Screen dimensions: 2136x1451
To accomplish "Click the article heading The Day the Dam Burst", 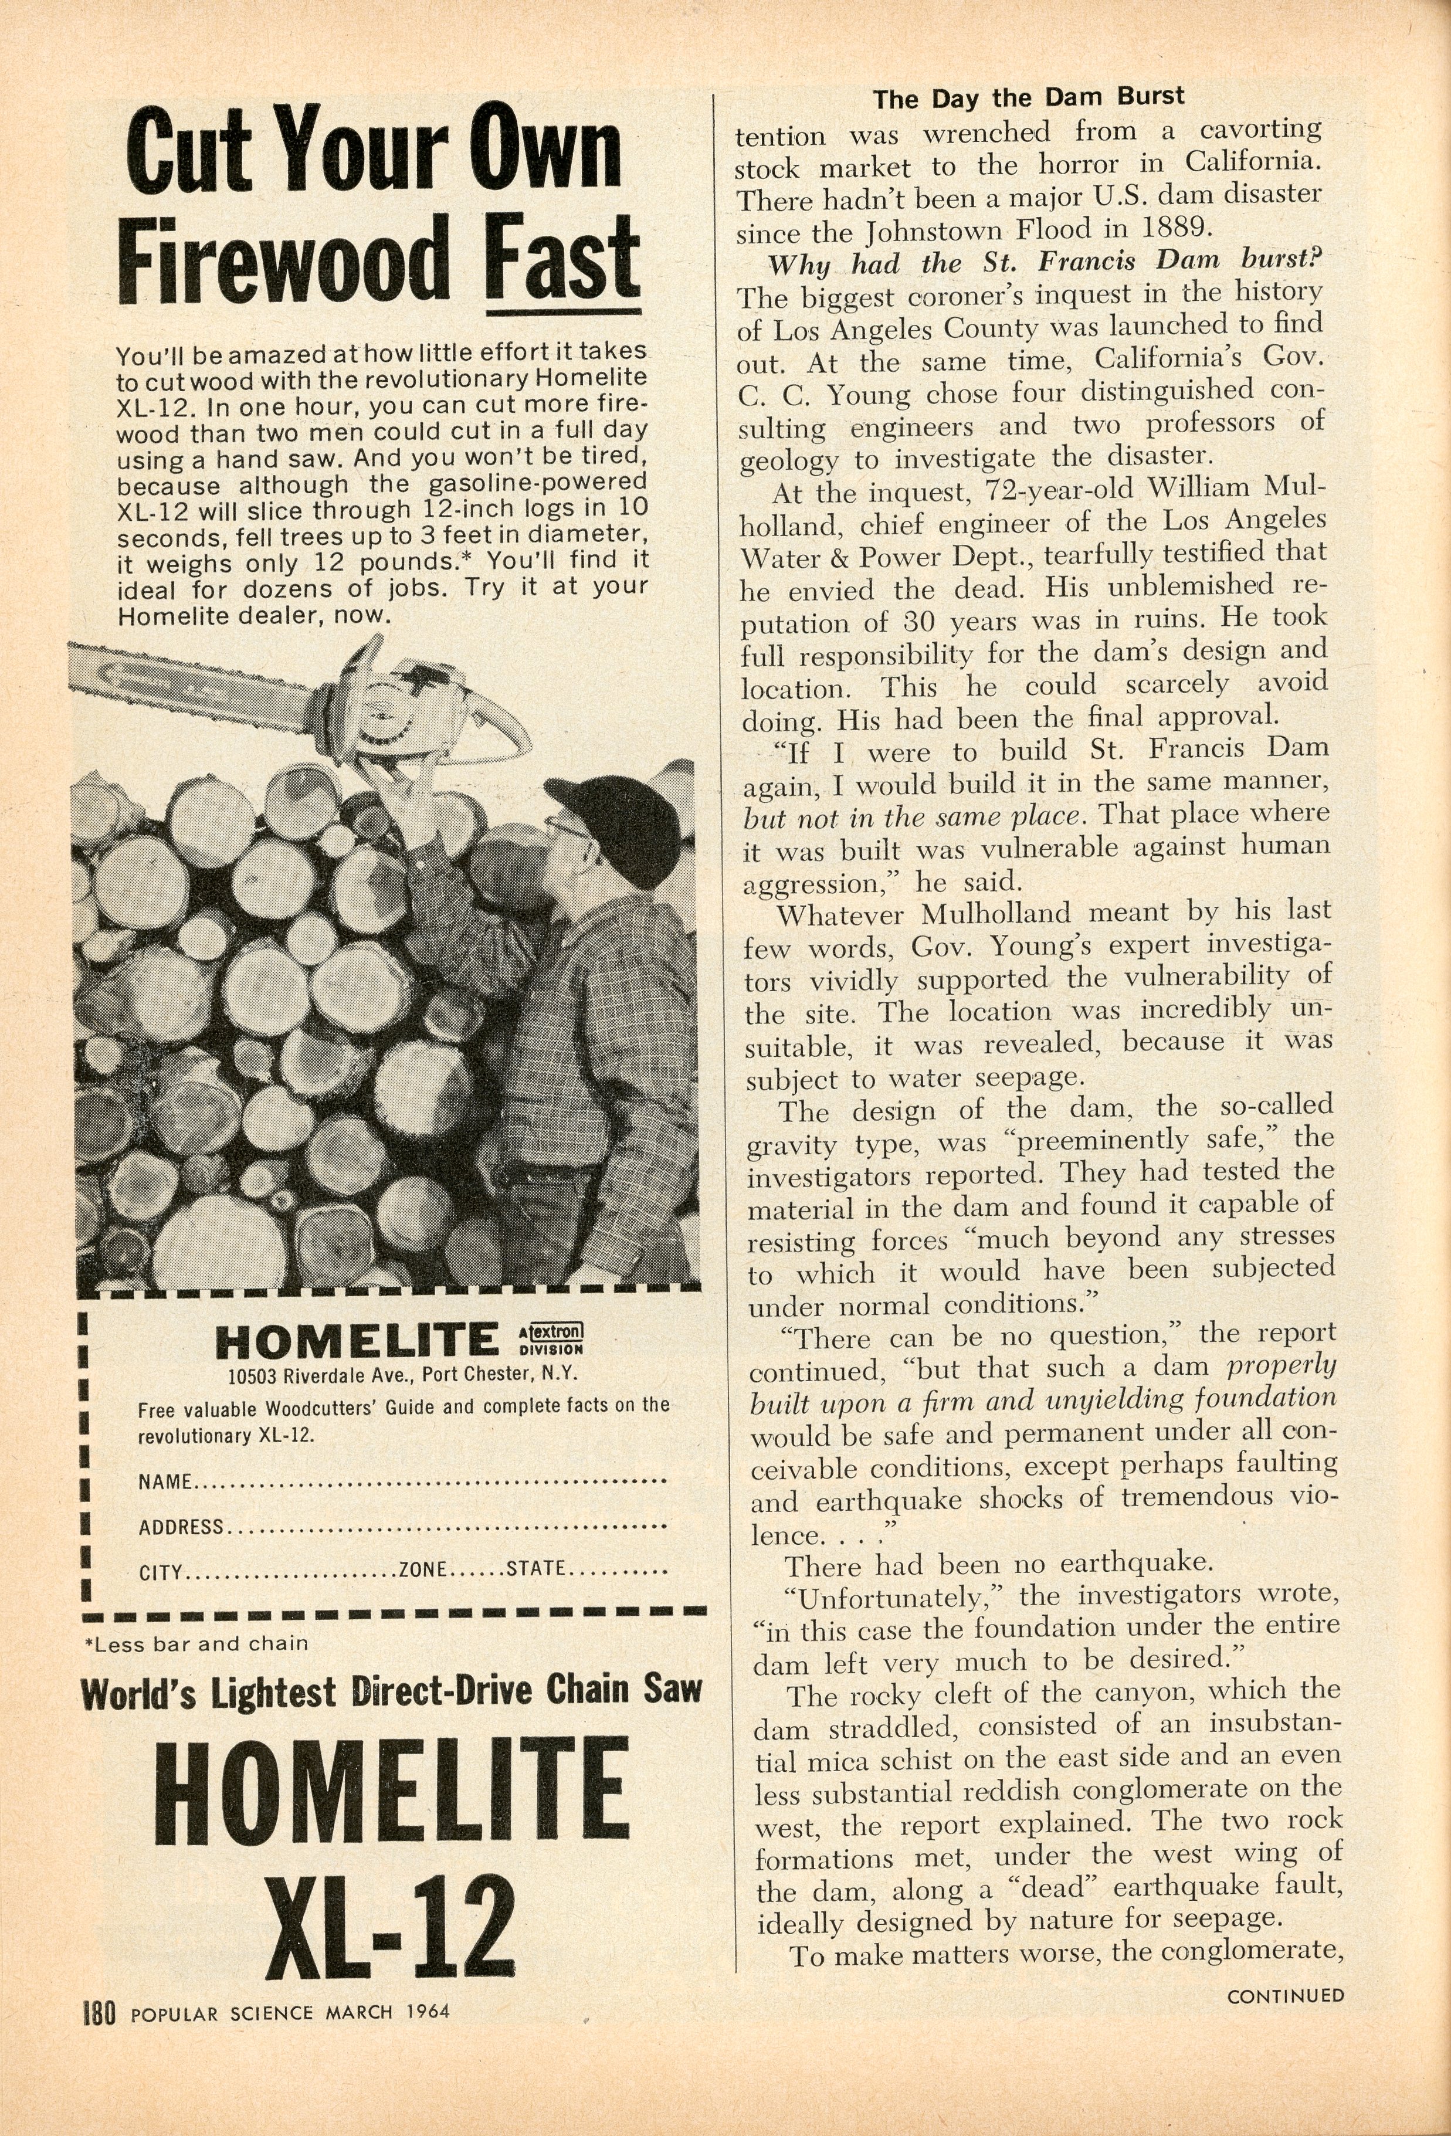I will (1028, 97).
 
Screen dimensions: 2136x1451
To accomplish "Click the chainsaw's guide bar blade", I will (202, 689).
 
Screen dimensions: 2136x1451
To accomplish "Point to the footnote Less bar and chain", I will (196, 1643).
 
